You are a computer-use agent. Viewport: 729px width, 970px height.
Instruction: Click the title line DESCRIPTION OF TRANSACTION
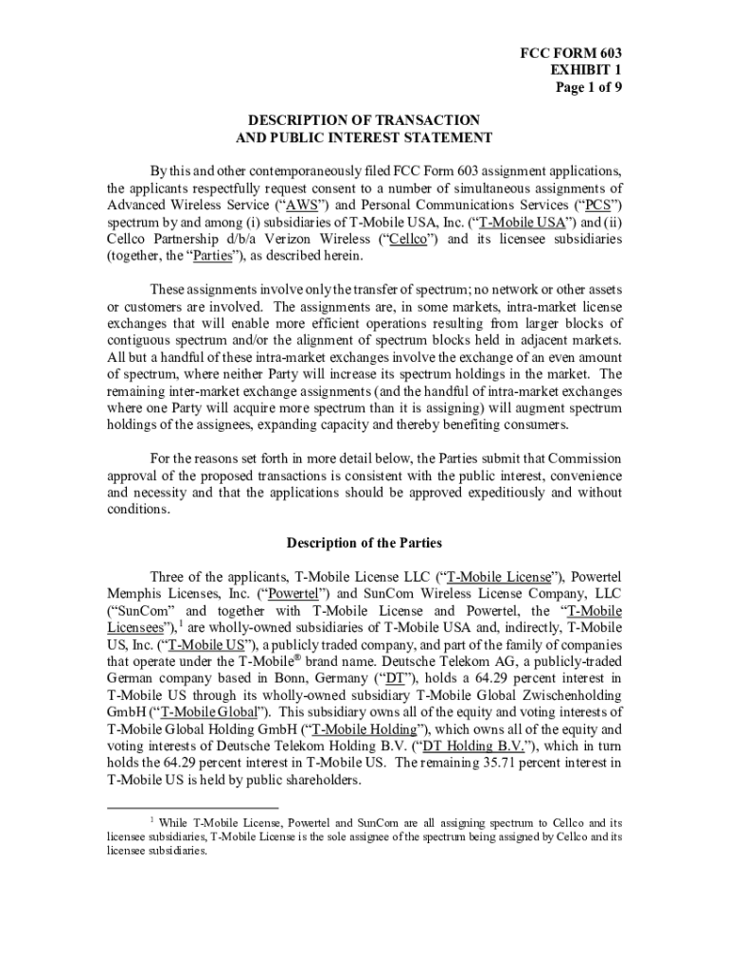364,120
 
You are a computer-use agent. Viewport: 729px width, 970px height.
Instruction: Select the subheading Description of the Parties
364,543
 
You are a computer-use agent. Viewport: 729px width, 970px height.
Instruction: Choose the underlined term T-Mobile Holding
364,729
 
